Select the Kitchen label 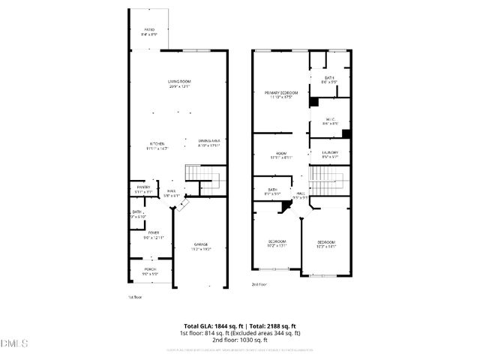pyautogui.click(x=158, y=145)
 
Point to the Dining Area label pyautogui.click(x=208, y=142)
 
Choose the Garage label pyautogui.click(x=200, y=247)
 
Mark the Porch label pyautogui.click(x=150, y=272)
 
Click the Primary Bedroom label pyautogui.click(x=281, y=94)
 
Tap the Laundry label pyautogui.click(x=330, y=154)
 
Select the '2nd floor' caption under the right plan pyautogui.click(x=259, y=285)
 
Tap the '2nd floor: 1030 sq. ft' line pyautogui.click(x=239, y=340)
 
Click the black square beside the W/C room pyautogui.click(x=346, y=133)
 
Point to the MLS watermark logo pyautogui.click(x=13, y=345)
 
